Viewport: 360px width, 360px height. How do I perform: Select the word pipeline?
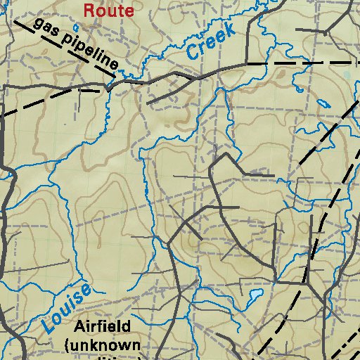[90, 53]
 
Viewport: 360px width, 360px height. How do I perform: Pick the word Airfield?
[103, 328]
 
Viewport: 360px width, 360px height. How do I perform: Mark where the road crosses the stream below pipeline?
[107, 86]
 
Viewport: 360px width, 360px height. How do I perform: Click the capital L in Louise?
[48, 323]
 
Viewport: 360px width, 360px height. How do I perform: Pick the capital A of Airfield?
[79, 328]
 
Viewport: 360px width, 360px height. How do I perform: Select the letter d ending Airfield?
[126, 328]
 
